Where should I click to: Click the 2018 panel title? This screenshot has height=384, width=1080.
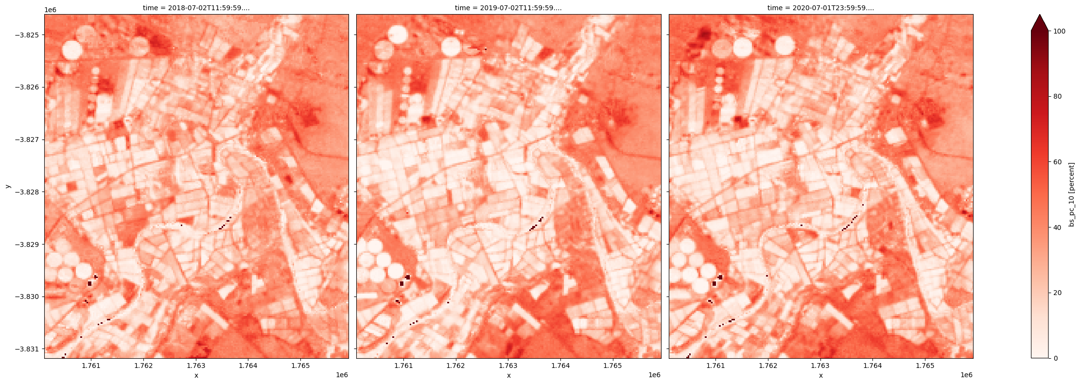[x=196, y=8]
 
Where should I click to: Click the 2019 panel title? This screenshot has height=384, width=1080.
[x=508, y=8]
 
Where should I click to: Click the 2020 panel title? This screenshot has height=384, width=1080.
[x=821, y=8]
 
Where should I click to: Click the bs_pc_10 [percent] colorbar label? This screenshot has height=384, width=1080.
[x=1072, y=194]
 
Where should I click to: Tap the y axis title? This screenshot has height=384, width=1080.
[x=7, y=186]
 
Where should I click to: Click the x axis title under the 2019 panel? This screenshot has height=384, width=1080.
[x=508, y=375]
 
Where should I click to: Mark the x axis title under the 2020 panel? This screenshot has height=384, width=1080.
[x=821, y=375]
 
